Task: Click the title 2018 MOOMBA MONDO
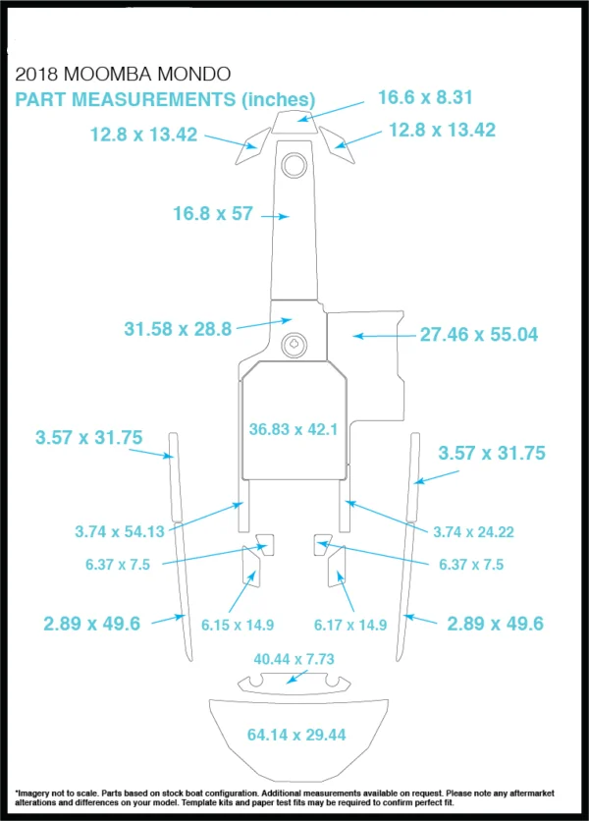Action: click(123, 74)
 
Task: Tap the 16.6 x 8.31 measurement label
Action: click(425, 97)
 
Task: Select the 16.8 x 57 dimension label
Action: click(213, 214)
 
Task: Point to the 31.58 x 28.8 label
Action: click(178, 329)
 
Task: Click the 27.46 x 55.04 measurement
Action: click(479, 335)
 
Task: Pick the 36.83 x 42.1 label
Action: click(294, 429)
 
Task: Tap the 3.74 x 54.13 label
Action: click(120, 532)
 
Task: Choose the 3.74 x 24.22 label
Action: click(473, 532)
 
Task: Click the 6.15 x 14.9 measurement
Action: click(238, 626)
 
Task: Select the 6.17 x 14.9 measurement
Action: click(350, 626)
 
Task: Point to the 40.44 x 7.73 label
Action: click(294, 659)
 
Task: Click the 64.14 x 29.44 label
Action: click(296, 736)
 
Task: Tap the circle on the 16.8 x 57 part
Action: click(294, 165)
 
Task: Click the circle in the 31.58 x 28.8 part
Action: click(294, 345)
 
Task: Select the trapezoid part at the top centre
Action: click(295, 122)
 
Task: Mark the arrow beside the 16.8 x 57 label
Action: click(276, 216)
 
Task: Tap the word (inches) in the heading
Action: click(278, 100)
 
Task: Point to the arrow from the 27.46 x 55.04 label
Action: click(385, 336)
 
